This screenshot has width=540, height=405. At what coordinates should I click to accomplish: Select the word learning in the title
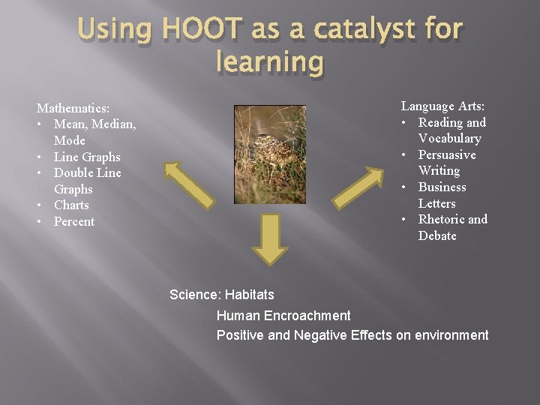(x=270, y=62)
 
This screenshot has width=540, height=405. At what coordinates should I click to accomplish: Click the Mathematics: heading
(x=73, y=108)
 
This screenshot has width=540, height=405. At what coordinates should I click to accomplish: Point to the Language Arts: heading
(x=442, y=106)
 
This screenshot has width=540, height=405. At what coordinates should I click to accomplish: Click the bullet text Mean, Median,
(x=94, y=124)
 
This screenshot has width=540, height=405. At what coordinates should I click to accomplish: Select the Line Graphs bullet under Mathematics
(x=87, y=157)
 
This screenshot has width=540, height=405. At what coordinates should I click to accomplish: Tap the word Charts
(x=71, y=205)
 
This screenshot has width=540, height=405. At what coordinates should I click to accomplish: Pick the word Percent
(x=74, y=221)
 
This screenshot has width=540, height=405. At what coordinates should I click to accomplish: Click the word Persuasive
(x=447, y=154)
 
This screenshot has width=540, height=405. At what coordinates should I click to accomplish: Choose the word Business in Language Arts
(x=442, y=187)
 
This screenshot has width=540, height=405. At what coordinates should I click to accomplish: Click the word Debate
(x=437, y=235)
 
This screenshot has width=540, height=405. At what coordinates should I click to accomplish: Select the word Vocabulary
(x=449, y=138)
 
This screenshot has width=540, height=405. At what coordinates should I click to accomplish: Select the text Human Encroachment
(x=283, y=316)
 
